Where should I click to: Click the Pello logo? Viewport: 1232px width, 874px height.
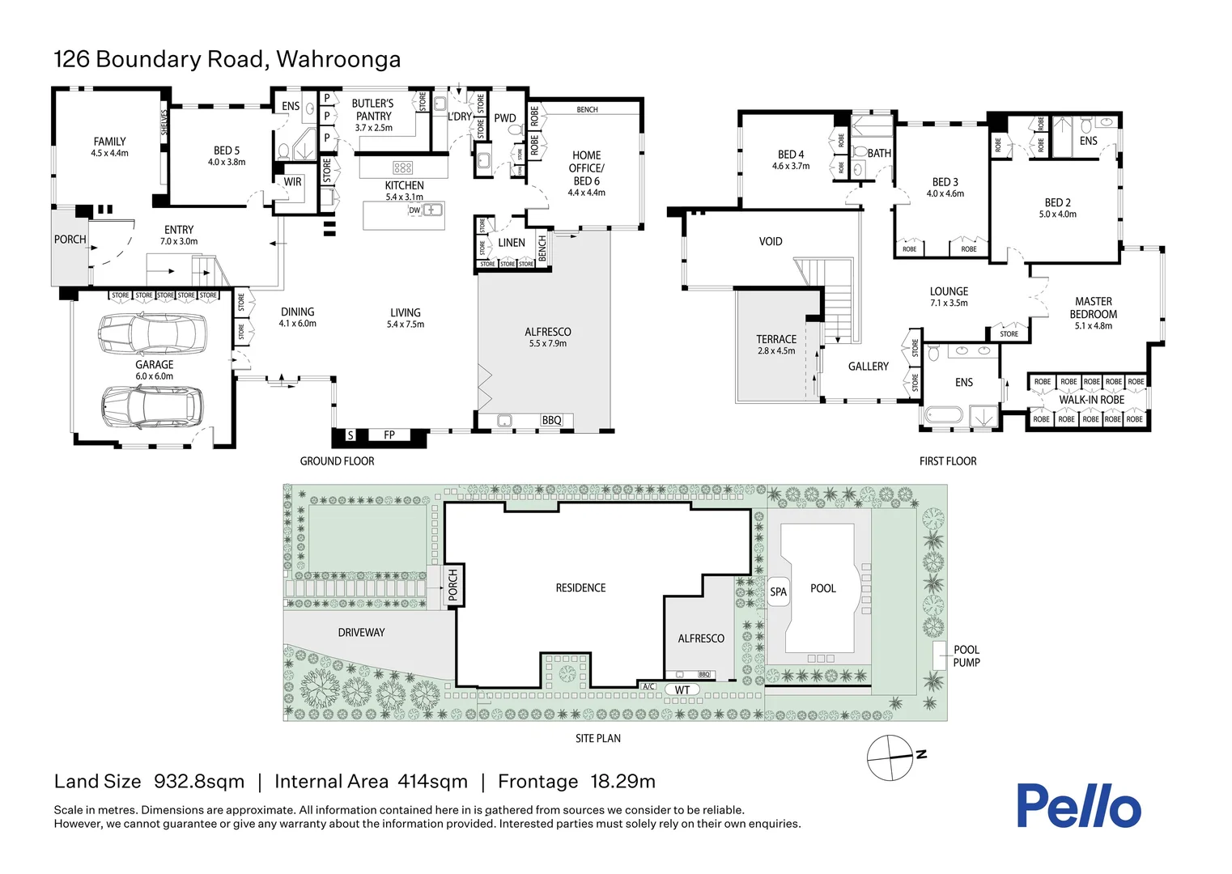(x=1078, y=806)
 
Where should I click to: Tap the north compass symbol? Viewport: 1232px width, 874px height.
(x=891, y=758)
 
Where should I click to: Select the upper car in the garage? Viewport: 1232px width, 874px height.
(x=151, y=332)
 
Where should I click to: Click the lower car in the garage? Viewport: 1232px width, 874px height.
(x=151, y=406)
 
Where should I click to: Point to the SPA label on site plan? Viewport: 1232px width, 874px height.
(x=778, y=592)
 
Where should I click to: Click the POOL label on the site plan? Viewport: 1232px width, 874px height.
(x=822, y=588)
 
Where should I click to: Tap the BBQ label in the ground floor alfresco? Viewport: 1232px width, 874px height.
(x=551, y=420)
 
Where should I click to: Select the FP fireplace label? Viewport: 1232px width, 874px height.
(x=389, y=435)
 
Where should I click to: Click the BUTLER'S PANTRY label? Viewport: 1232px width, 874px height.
(x=373, y=110)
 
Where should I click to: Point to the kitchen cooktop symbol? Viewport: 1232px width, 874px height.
(x=403, y=168)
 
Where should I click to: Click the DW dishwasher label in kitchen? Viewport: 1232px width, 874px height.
(x=414, y=210)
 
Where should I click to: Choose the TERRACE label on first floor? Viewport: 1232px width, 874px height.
(x=776, y=339)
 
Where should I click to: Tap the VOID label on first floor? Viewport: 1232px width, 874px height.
(x=771, y=241)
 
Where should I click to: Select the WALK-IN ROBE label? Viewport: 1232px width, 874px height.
(x=1091, y=400)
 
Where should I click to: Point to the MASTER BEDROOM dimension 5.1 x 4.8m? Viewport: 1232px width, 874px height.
(x=1093, y=326)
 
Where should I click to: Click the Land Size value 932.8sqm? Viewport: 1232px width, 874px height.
(x=199, y=782)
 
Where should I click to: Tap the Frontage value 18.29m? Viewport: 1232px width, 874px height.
(x=622, y=782)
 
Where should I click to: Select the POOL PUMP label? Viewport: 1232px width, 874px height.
(x=966, y=656)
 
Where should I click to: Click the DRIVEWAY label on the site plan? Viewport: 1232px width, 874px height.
(x=361, y=633)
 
